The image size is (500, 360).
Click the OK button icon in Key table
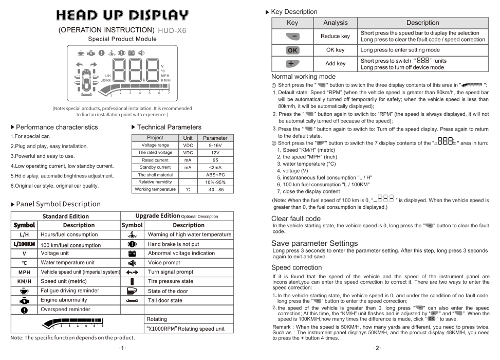(x=292, y=50)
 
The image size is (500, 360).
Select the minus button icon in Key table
(x=292, y=37)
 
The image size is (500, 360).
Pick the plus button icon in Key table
(x=292, y=64)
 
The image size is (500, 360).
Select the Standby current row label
(x=155, y=168)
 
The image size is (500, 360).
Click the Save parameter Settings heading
(x=314, y=243)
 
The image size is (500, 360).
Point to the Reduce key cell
(x=335, y=37)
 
